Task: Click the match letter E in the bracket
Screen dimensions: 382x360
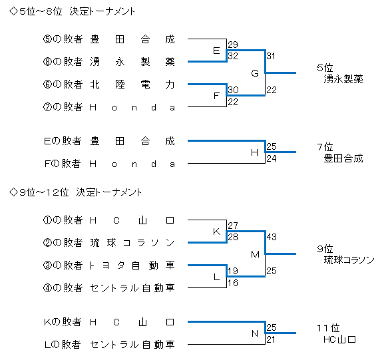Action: coord(216,51)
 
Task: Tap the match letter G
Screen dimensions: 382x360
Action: coord(255,73)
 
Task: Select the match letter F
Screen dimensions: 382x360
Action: coord(216,96)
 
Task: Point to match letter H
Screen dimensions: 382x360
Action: coord(255,152)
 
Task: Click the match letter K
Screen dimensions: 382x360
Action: coord(216,232)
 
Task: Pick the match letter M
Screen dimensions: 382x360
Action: coord(255,255)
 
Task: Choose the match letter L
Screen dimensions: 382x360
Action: coord(216,277)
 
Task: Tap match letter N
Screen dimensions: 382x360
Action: coord(255,333)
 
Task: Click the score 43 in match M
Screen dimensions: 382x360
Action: coord(272,237)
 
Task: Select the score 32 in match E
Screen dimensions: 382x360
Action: coord(233,56)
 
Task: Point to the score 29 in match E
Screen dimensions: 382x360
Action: coord(233,45)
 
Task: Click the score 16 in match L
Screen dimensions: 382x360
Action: coord(233,283)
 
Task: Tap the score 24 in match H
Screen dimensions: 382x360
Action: coord(272,158)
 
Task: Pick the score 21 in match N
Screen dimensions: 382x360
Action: coord(271,339)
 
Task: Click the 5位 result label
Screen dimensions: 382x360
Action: coord(325,68)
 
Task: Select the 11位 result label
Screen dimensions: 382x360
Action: coord(328,328)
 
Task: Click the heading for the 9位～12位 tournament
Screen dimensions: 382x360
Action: coord(75,192)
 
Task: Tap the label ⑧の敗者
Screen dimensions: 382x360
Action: coord(63,62)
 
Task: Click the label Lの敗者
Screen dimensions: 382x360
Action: coord(63,345)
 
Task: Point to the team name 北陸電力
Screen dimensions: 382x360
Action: coord(132,85)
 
